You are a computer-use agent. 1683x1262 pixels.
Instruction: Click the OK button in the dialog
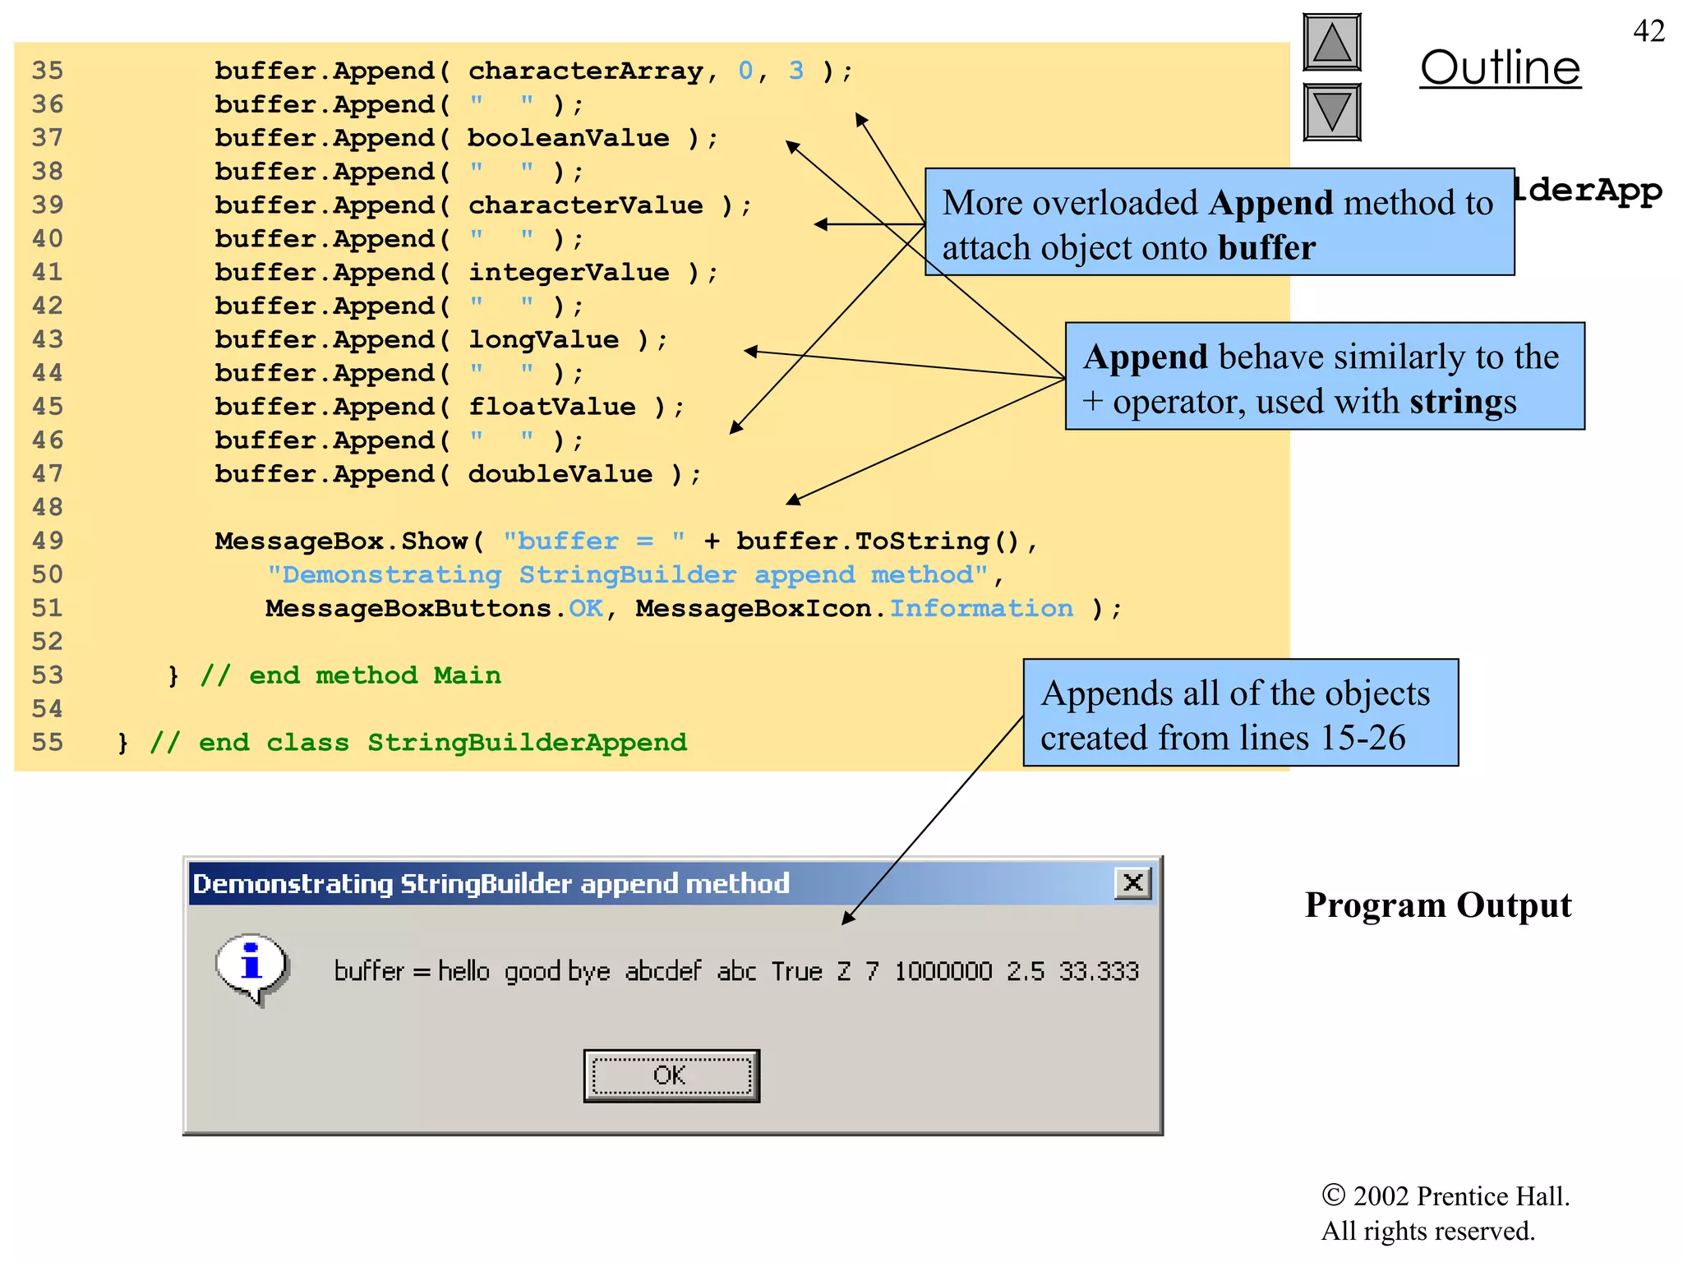[x=671, y=1075]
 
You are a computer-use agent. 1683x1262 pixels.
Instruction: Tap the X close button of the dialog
[x=1132, y=883]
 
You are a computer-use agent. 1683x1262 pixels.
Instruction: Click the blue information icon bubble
[x=251, y=966]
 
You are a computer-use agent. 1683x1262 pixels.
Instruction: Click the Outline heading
[x=1500, y=67]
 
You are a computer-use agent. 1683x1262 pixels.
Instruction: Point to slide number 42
[x=1648, y=31]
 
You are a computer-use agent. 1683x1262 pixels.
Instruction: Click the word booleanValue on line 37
[x=568, y=138]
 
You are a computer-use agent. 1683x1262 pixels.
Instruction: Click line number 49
[x=48, y=541]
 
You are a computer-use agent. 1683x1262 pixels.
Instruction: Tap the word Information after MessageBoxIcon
[x=981, y=608]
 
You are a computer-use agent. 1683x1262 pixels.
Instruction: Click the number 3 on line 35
[x=795, y=71]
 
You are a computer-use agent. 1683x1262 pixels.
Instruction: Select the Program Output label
[x=1437, y=905]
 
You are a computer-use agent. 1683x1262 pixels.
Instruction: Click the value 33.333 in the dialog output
[x=1099, y=971]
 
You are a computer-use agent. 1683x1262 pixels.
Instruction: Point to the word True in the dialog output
[x=796, y=971]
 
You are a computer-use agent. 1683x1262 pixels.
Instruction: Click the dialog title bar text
[x=491, y=883]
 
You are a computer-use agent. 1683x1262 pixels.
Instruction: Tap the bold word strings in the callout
[x=1462, y=402]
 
